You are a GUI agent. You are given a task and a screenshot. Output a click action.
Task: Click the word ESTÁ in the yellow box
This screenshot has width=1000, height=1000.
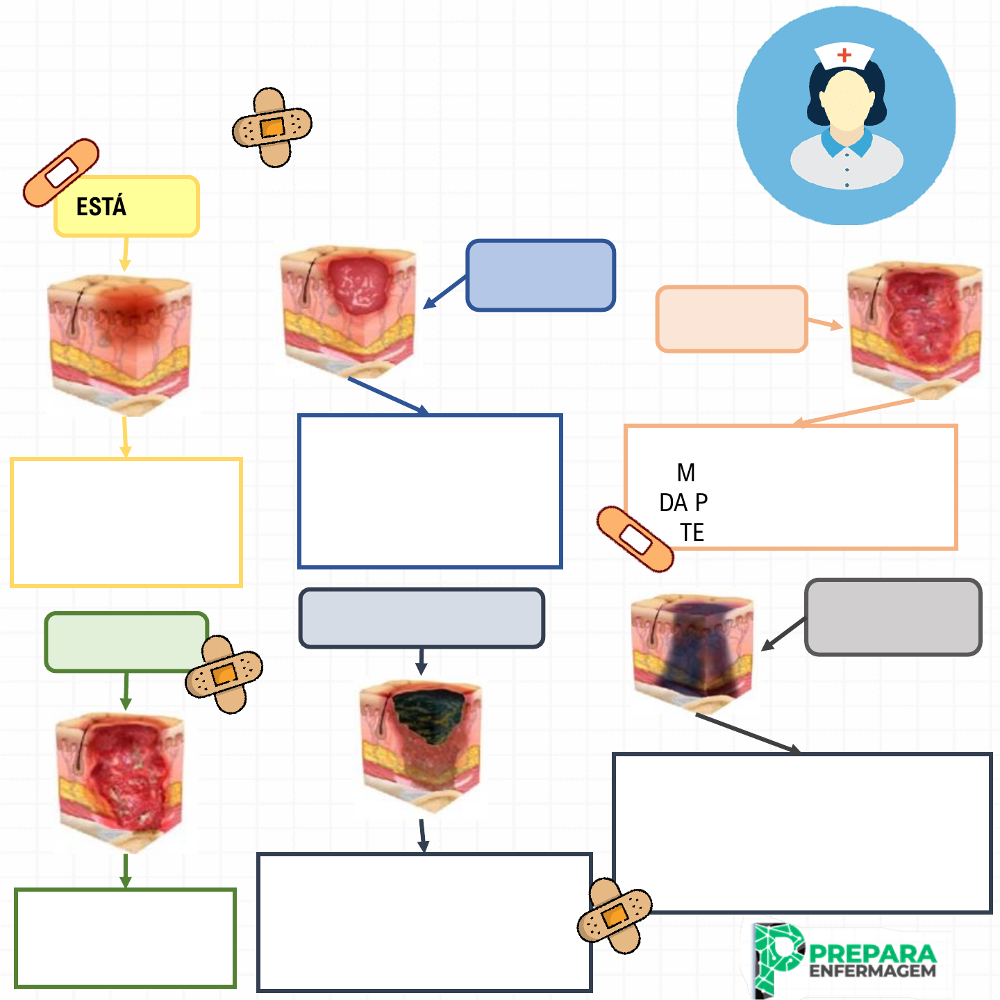click(x=101, y=206)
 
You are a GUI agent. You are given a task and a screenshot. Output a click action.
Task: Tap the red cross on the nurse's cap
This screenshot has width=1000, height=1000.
click(x=844, y=55)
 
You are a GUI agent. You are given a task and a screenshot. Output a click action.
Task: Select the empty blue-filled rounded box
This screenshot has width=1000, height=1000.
click(x=540, y=275)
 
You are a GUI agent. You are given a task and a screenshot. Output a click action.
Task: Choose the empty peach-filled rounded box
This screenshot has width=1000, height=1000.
click(x=731, y=319)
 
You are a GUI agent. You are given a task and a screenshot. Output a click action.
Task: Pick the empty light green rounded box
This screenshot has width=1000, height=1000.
click(x=125, y=642)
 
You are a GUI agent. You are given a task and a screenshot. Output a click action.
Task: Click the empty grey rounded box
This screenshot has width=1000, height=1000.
click(x=893, y=617)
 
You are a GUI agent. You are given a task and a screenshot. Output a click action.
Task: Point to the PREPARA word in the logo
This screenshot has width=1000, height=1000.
click(x=872, y=953)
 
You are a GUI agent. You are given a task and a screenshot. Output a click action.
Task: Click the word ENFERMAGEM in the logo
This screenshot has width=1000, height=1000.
click(x=872, y=971)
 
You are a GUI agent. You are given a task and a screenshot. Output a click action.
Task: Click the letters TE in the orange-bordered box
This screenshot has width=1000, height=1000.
click(x=692, y=533)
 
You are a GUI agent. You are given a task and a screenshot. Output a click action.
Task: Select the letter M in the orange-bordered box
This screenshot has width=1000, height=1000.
click(x=686, y=473)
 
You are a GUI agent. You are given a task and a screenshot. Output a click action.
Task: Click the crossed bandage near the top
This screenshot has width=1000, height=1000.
click(x=272, y=126)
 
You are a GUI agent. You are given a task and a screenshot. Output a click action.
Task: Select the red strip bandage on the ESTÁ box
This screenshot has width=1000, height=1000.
click(x=61, y=172)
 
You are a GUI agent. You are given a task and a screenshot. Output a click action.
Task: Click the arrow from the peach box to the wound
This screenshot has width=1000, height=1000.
click(x=825, y=324)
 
